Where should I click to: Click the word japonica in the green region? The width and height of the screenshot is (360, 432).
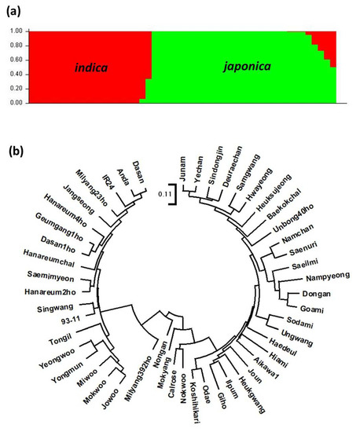244,66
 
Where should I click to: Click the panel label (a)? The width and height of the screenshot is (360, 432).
14,10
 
